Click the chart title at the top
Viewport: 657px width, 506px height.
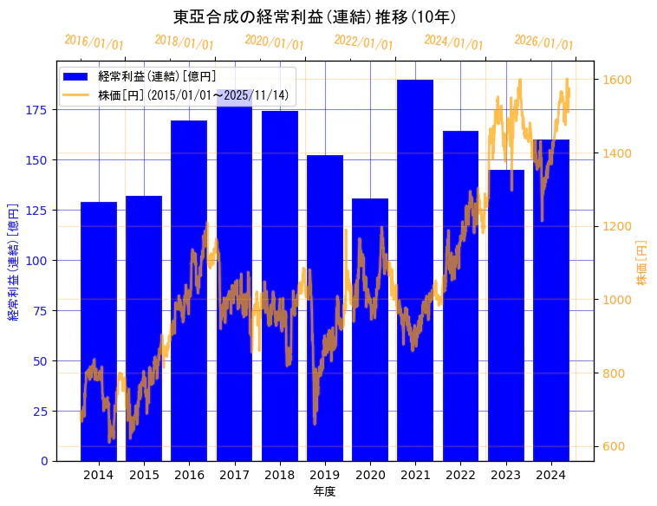click(315, 16)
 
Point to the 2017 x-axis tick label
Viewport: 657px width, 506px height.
click(234, 474)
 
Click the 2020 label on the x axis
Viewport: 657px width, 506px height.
click(370, 474)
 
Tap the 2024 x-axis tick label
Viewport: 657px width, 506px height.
click(551, 474)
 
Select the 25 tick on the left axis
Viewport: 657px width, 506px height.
click(42, 412)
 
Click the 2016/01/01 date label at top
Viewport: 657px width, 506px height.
click(94, 42)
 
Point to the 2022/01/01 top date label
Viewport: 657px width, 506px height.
click(364, 42)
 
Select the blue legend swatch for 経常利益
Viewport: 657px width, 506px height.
click(75, 76)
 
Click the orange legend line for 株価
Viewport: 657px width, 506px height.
click(75, 95)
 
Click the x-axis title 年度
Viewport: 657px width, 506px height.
click(324, 491)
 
